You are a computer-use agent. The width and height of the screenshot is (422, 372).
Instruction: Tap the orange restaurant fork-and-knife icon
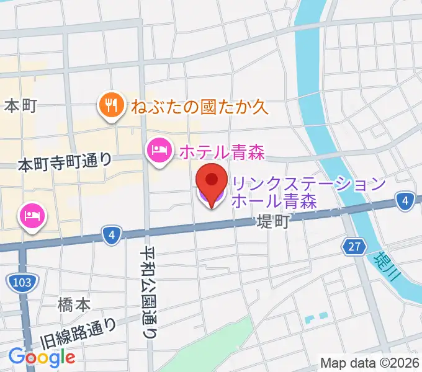(110, 105)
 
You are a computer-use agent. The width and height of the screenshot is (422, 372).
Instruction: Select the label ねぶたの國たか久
(199, 107)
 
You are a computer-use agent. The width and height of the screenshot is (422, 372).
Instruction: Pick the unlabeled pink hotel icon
(31, 216)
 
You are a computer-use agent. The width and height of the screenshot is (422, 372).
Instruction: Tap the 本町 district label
(21, 106)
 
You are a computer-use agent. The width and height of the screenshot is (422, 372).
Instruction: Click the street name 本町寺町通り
(65, 164)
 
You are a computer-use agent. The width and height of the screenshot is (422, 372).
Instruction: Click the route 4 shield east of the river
(405, 200)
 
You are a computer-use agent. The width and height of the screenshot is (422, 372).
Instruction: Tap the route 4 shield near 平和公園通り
(110, 235)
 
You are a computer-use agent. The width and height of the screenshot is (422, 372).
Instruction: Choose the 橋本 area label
(74, 304)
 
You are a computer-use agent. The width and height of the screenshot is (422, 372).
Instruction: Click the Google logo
(42, 356)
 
